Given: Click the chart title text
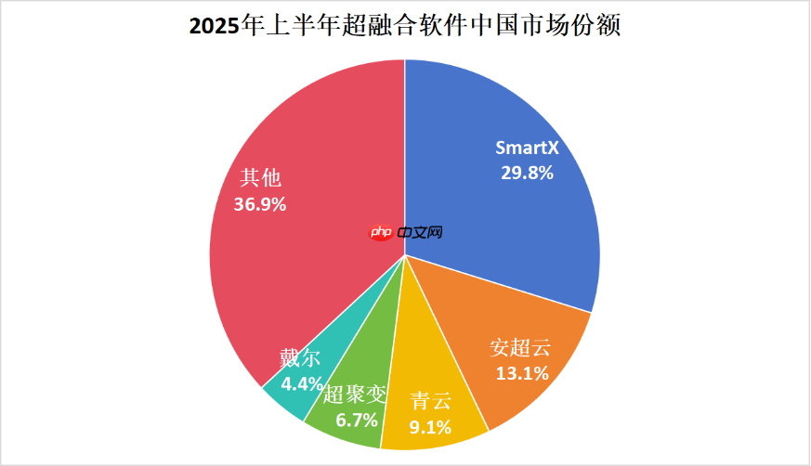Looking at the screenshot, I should (405, 25).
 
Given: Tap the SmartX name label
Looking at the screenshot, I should (525, 148).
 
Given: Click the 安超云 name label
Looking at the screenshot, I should (520, 349).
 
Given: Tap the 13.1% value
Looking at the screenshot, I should (520, 373).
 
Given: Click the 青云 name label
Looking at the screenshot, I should (430, 402).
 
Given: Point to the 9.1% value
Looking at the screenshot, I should (430, 427).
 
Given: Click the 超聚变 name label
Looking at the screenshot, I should (353, 395).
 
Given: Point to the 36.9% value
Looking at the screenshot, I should (260, 204).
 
